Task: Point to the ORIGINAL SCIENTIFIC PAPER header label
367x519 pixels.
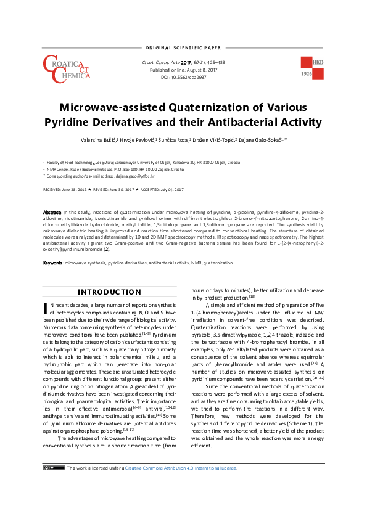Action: tap(183, 47)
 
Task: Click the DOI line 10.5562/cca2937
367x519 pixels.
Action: tap(179, 78)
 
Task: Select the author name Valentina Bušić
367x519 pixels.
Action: tap(99, 141)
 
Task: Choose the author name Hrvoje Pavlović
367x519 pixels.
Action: tap(136, 141)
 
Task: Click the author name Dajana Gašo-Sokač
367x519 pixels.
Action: tap(255, 141)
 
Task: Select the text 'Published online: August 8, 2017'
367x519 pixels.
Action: tap(179, 70)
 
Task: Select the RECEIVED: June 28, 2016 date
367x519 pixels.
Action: tap(66, 190)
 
